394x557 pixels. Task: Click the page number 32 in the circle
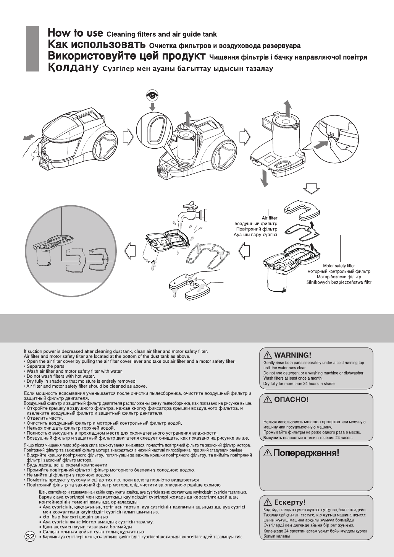[30, 536]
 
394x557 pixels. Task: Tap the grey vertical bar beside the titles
[32, 49]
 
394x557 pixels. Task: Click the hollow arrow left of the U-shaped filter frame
[244, 252]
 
